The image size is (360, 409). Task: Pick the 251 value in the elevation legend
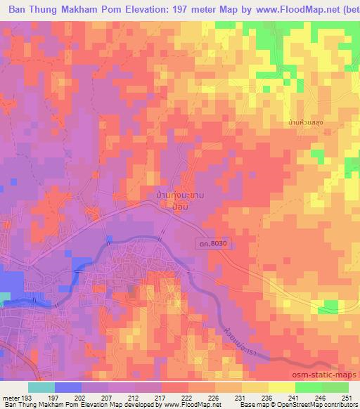(x=347, y=396)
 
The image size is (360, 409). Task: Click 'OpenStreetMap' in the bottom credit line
(x=330, y=405)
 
